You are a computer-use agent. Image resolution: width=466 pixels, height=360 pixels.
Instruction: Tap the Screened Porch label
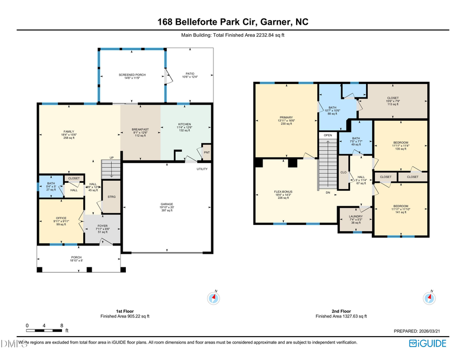click(132, 75)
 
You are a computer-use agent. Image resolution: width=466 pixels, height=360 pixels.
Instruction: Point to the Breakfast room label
click(140, 129)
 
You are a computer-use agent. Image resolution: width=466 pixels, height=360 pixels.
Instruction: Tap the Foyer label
click(102, 226)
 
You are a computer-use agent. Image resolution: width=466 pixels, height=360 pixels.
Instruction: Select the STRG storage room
click(111, 196)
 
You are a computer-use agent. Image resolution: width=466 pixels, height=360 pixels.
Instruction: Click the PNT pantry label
click(207, 152)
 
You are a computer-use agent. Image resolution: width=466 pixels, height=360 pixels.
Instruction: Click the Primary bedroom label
click(286, 118)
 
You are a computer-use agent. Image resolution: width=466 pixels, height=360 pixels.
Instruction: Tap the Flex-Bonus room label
click(283, 192)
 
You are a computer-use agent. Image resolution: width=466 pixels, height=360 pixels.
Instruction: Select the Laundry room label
click(355, 217)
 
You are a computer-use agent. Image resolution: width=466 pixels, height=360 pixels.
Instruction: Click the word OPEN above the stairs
click(328, 135)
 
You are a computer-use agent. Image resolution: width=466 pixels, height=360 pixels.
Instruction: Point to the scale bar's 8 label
click(62, 325)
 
